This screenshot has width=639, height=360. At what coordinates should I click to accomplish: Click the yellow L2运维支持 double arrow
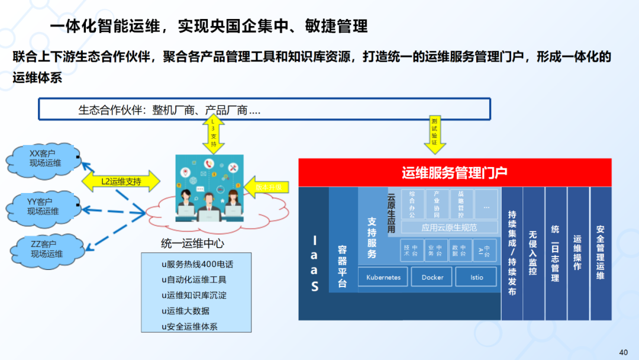[x=121, y=181]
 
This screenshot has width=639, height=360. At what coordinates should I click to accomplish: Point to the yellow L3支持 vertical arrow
[x=214, y=134]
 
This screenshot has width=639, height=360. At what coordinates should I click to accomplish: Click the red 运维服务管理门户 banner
[x=454, y=173]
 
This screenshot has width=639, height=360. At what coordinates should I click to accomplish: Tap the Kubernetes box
[x=383, y=277]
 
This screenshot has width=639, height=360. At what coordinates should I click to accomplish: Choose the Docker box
[x=433, y=277]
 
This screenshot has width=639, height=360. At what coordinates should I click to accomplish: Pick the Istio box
[x=477, y=277]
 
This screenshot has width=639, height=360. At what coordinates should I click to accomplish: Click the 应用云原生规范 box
[x=449, y=227]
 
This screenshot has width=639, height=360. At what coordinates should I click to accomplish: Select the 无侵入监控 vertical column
[x=533, y=253]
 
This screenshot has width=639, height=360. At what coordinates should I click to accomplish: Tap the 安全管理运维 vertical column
[x=600, y=253]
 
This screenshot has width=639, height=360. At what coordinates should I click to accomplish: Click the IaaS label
[x=314, y=263]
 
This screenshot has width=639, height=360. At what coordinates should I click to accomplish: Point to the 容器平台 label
[x=343, y=266]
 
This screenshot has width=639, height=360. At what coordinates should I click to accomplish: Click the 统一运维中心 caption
[x=193, y=243]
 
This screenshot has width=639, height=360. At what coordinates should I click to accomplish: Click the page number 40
[x=623, y=352]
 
